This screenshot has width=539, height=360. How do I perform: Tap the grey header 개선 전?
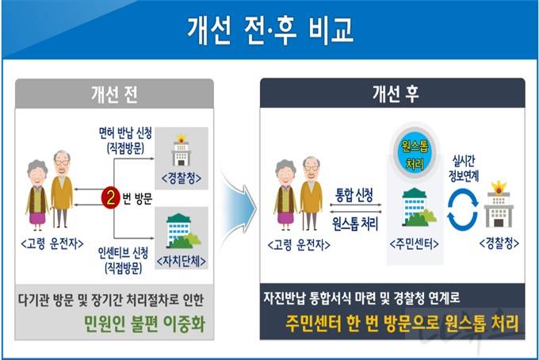click(114, 94)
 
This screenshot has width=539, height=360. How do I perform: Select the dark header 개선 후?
click(392, 94)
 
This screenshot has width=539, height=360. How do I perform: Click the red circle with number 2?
click(111, 197)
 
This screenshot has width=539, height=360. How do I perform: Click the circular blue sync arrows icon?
click(463, 210)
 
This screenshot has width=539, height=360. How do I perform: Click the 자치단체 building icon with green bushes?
click(183, 231)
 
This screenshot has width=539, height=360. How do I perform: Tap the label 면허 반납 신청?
click(125, 133)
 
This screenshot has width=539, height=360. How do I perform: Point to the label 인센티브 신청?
click(123, 253)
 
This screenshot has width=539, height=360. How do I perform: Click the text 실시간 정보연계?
click(464, 168)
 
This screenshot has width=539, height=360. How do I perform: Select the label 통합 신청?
click(354, 195)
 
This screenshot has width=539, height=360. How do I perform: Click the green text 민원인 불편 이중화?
click(145, 324)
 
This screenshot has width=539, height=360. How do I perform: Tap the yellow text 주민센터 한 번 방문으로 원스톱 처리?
click(402, 324)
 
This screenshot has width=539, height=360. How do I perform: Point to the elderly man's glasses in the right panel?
click(312, 168)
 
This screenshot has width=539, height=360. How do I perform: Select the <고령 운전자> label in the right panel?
click(299, 245)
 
